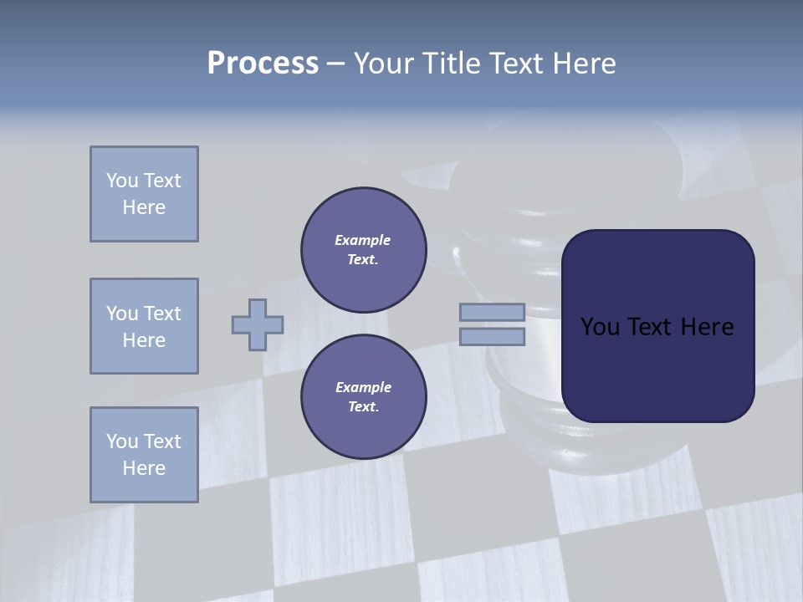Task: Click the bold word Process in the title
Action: click(263, 64)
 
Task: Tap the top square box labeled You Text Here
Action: click(144, 194)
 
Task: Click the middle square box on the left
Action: click(144, 326)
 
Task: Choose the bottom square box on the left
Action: click(144, 455)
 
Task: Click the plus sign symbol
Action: click(258, 324)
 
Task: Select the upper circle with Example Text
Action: click(364, 250)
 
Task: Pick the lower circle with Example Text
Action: click(364, 397)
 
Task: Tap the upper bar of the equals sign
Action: click(492, 312)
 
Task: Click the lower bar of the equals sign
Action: click(492, 337)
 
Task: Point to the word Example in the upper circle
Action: click(363, 240)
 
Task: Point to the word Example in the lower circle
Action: click(363, 387)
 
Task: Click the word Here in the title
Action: click(586, 64)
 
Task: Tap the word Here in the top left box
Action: click(144, 207)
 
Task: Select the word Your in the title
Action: click(381, 64)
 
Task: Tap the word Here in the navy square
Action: click(707, 327)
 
